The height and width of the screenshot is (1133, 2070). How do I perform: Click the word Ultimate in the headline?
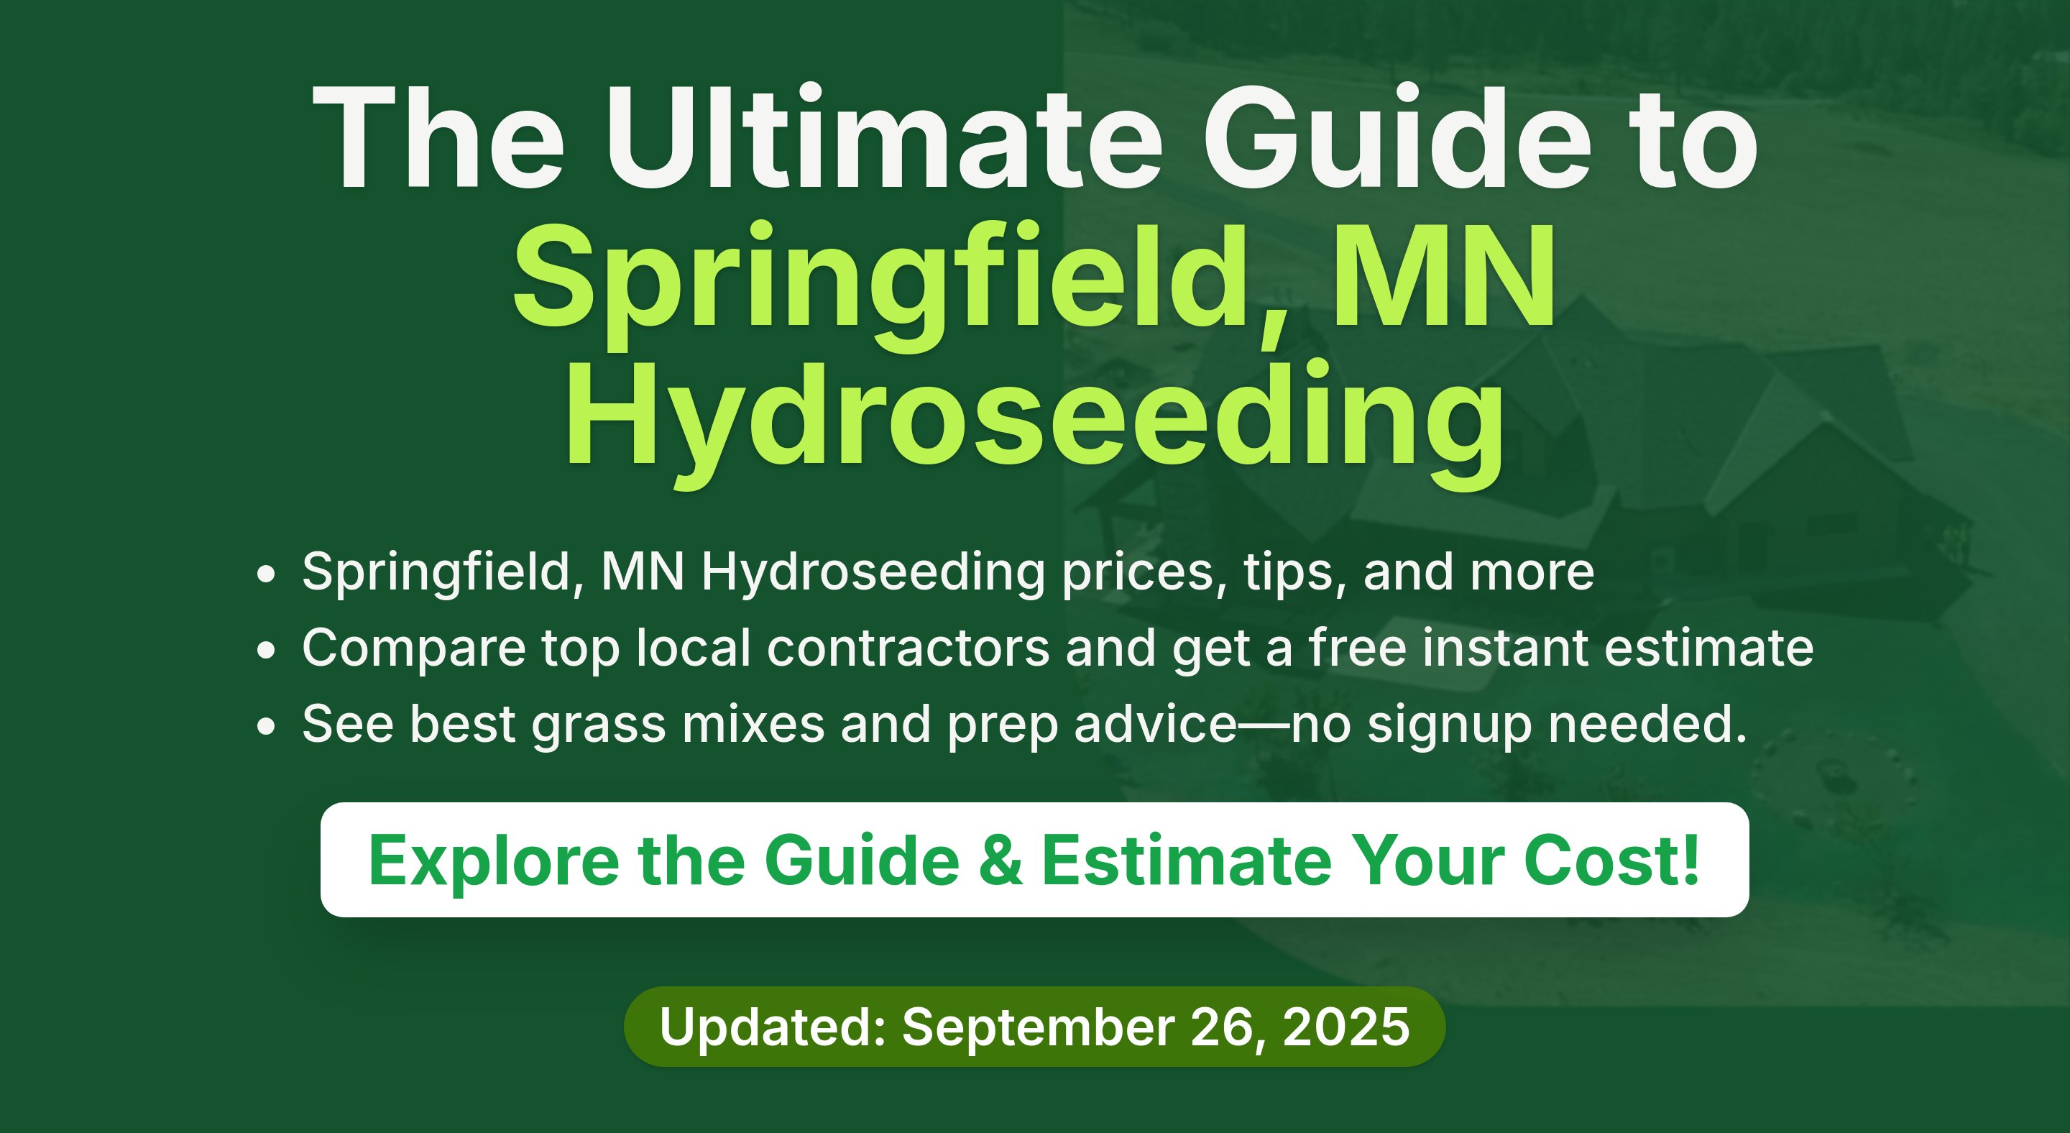point(884,137)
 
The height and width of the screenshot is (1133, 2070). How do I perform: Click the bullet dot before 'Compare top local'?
point(266,650)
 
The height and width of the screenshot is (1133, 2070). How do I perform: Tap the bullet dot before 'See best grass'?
point(266,726)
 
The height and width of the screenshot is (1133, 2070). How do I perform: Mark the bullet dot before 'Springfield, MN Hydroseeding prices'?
point(266,574)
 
